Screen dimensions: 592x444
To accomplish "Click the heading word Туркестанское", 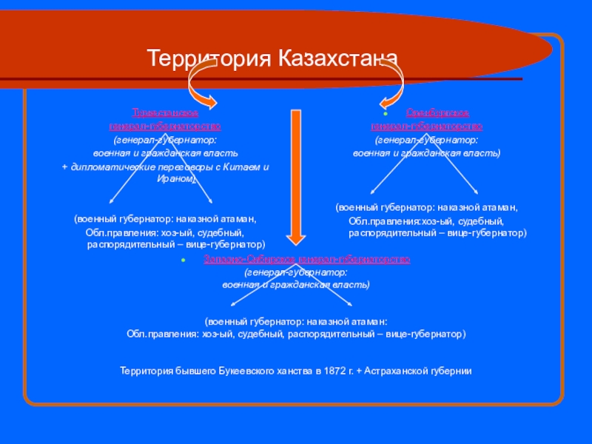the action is click(165, 113).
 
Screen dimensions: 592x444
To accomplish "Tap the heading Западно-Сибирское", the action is click(249, 260).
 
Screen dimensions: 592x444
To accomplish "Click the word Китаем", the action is click(241, 166).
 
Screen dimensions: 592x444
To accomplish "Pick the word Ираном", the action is click(175, 178).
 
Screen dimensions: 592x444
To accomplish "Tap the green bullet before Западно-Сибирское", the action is click(183, 261).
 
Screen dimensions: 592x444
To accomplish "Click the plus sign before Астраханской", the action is click(358, 370).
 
